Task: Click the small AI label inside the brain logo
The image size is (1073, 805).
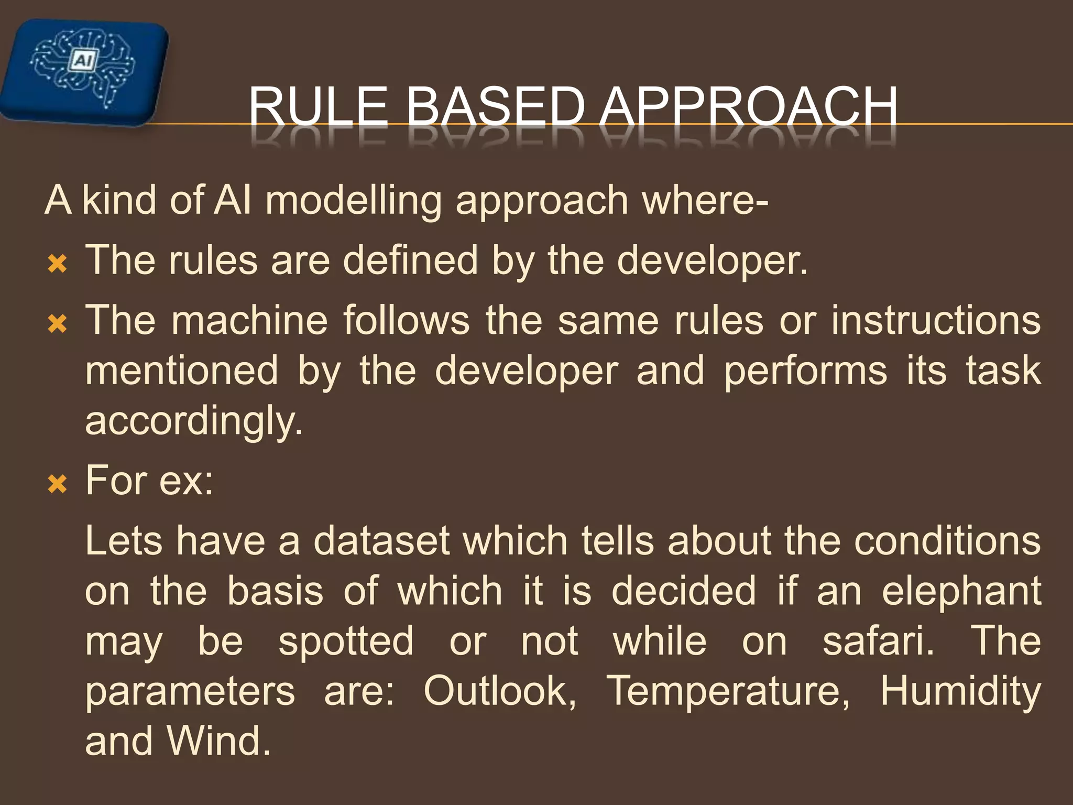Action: (82, 61)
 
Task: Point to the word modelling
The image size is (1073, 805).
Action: (354, 201)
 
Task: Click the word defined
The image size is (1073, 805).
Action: (410, 260)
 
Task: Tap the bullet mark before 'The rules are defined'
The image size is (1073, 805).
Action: (57, 264)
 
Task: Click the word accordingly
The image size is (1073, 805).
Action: (194, 421)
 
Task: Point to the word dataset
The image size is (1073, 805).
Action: (381, 540)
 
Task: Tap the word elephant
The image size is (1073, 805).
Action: (961, 591)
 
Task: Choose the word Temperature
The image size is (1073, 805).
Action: (728, 691)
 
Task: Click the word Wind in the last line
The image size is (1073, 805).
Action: (218, 741)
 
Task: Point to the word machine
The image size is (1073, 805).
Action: (249, 320)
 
